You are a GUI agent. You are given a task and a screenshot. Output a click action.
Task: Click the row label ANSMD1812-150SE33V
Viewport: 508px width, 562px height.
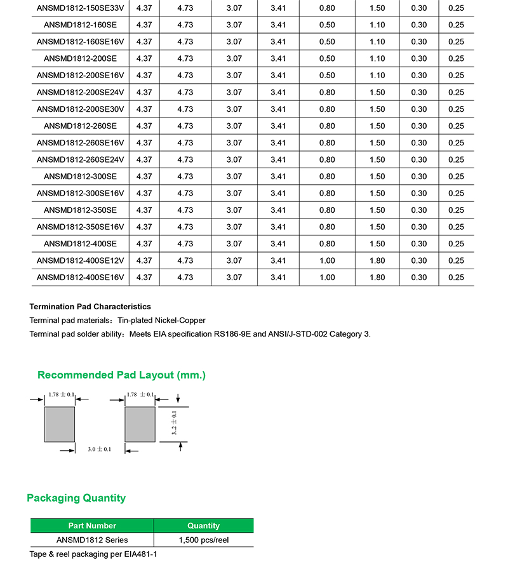coord(80,8)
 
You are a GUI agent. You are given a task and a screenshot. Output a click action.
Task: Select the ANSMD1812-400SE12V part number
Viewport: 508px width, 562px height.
coord(80,260)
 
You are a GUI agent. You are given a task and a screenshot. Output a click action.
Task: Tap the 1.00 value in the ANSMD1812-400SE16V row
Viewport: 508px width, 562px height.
coord(327,278)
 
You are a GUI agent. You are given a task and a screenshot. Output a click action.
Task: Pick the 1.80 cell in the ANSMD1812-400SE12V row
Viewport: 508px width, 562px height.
coord(377,260)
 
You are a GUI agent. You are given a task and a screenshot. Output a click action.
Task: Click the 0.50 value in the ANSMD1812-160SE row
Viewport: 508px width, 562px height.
coord(327,25)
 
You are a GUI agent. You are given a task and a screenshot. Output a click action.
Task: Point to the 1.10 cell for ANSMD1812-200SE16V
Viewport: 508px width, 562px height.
coord(377,76)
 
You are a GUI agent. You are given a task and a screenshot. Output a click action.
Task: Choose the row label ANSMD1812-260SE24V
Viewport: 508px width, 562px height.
coord(80,159)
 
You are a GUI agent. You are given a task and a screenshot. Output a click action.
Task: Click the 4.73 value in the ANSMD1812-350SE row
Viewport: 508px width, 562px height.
coord(185,210)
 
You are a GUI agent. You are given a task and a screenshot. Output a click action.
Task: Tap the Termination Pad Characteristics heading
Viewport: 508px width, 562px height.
coord(90,307)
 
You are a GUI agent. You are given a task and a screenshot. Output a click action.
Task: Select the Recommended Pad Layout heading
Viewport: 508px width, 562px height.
coord(121,375)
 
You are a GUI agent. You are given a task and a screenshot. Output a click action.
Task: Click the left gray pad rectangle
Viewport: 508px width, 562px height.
coord(59,424)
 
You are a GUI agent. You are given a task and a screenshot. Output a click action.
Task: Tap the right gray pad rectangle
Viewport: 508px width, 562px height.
coord(140,424)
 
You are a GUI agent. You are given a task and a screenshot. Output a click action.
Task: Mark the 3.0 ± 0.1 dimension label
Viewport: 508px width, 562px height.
coord(99,450)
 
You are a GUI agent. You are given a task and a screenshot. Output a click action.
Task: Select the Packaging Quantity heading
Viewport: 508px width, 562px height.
coord(76,498)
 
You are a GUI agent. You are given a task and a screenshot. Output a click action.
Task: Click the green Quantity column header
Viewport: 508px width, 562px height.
coord(203,526)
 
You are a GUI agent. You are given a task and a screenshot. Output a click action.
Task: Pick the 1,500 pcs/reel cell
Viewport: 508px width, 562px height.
coord(203,540)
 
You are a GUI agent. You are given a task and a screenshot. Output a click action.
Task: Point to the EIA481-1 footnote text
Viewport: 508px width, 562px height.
coord(142,554)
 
